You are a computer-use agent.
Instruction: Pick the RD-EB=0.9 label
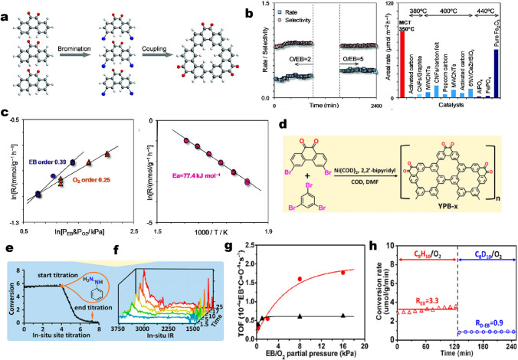(479, 322)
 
